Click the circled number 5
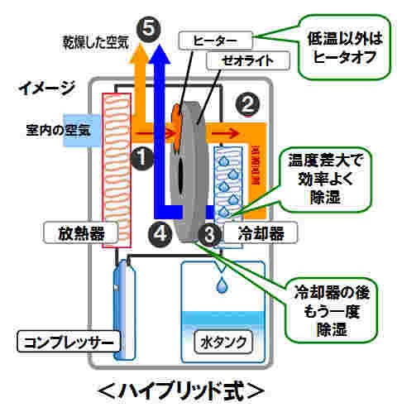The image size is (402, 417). point(148,29)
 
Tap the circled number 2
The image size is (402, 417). point(247,104)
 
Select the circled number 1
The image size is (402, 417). point(141,158)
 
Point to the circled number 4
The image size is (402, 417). point(160,234)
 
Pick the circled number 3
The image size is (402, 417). point(209,235)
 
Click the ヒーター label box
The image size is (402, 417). point(215,41)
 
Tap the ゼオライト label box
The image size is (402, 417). point(248,60)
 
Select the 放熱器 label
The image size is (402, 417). point(81,233)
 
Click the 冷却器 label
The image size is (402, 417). point(261,233)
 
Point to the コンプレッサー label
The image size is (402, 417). point(69,342)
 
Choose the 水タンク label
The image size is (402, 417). point(223,343)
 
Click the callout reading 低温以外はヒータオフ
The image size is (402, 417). point(344,47)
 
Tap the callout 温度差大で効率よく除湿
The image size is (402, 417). point(326,180)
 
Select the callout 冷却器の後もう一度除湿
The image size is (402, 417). point(331,310)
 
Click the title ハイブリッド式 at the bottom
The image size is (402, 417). point(181,391)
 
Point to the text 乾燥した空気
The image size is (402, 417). point(96,42)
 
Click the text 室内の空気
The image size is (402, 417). point(58,130)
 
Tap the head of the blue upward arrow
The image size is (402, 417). point(160,54)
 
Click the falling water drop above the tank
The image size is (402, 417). point(222,285)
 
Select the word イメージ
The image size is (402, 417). point(46,88)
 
